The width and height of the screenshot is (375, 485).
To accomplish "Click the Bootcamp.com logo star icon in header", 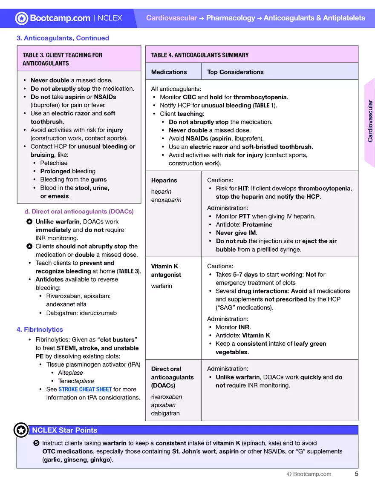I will (x=22, y=18).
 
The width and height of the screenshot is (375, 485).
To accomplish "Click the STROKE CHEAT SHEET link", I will (x=85, y=389).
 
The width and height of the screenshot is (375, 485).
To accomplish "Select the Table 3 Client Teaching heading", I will (x=62, y=59).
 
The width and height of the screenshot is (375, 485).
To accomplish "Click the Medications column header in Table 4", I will (x=169, y=72).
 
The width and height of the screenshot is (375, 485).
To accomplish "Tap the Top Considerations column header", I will (x=235, y=72).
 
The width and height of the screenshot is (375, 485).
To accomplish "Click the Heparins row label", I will (x=164, y=180).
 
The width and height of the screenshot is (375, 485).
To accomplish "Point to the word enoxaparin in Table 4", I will (x=166, y=200).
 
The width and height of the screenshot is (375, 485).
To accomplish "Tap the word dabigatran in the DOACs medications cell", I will (x=165, y=413).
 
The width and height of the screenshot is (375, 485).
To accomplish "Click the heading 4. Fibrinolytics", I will (x=40, y=329).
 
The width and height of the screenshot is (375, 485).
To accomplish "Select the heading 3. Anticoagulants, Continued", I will (x=63, y=38).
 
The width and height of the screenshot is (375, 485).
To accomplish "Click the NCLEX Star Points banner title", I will (x=64, y=430).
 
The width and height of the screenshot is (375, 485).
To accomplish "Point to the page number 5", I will (x=356, y=474).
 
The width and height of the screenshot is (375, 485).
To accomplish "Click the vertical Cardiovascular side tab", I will (x=370, y=121).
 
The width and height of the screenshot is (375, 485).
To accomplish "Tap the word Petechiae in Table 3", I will (x=54, y=163).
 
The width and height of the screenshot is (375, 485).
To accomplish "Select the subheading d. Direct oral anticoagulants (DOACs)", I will (x=79, y=211).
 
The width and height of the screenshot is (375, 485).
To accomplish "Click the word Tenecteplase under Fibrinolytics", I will (x=76, y=381).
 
